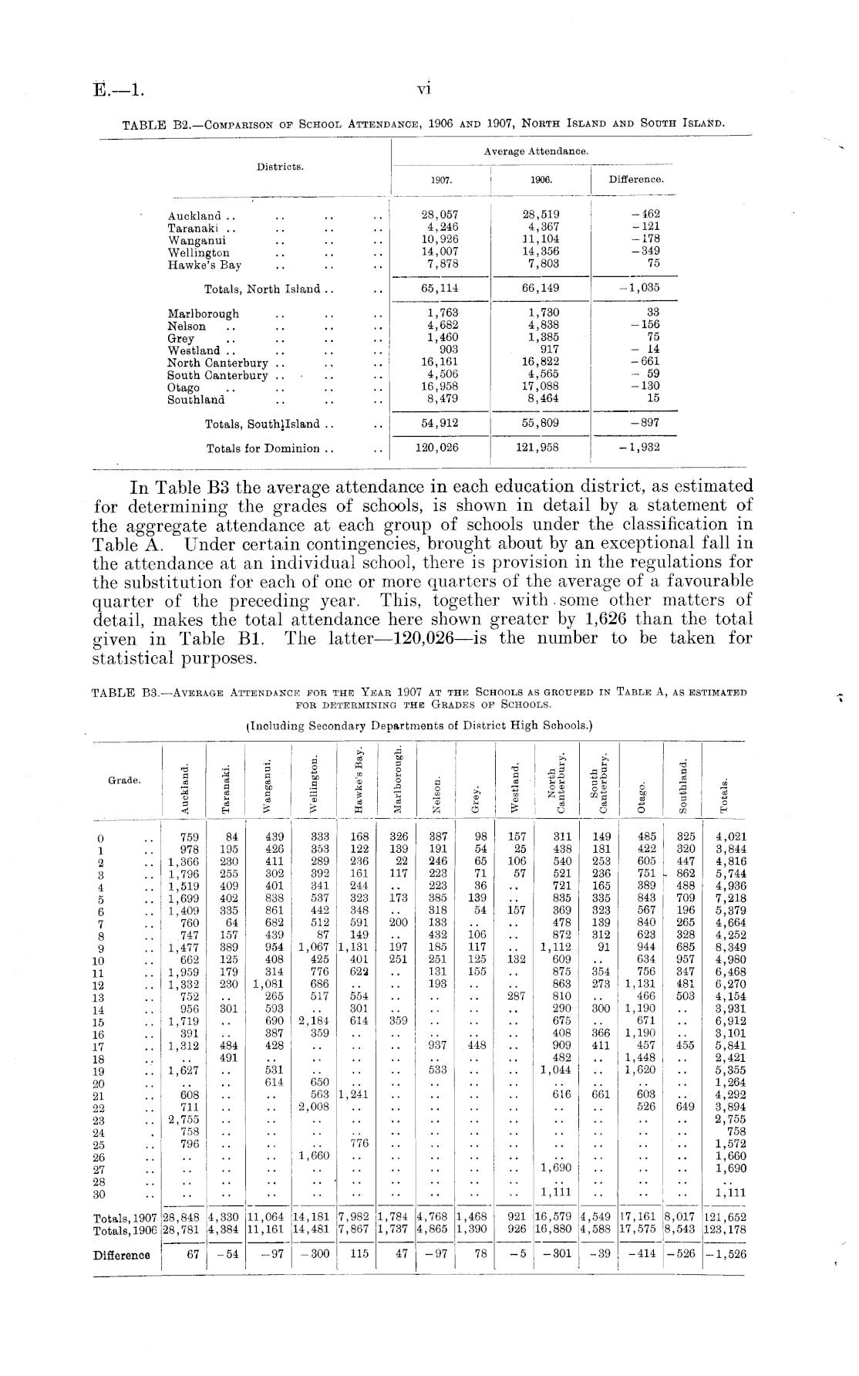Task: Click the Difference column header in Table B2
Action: (x=636, y=180)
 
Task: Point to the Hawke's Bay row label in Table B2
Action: (x=204, y=265)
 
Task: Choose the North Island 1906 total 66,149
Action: (x=541, y=289)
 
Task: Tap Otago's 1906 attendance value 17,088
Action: (x=541, y=387)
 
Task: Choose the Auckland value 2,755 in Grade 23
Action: (x=184, y=1120)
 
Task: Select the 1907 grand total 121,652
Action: (x=726, y=1218)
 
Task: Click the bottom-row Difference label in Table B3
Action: (x=122, y=1254)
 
